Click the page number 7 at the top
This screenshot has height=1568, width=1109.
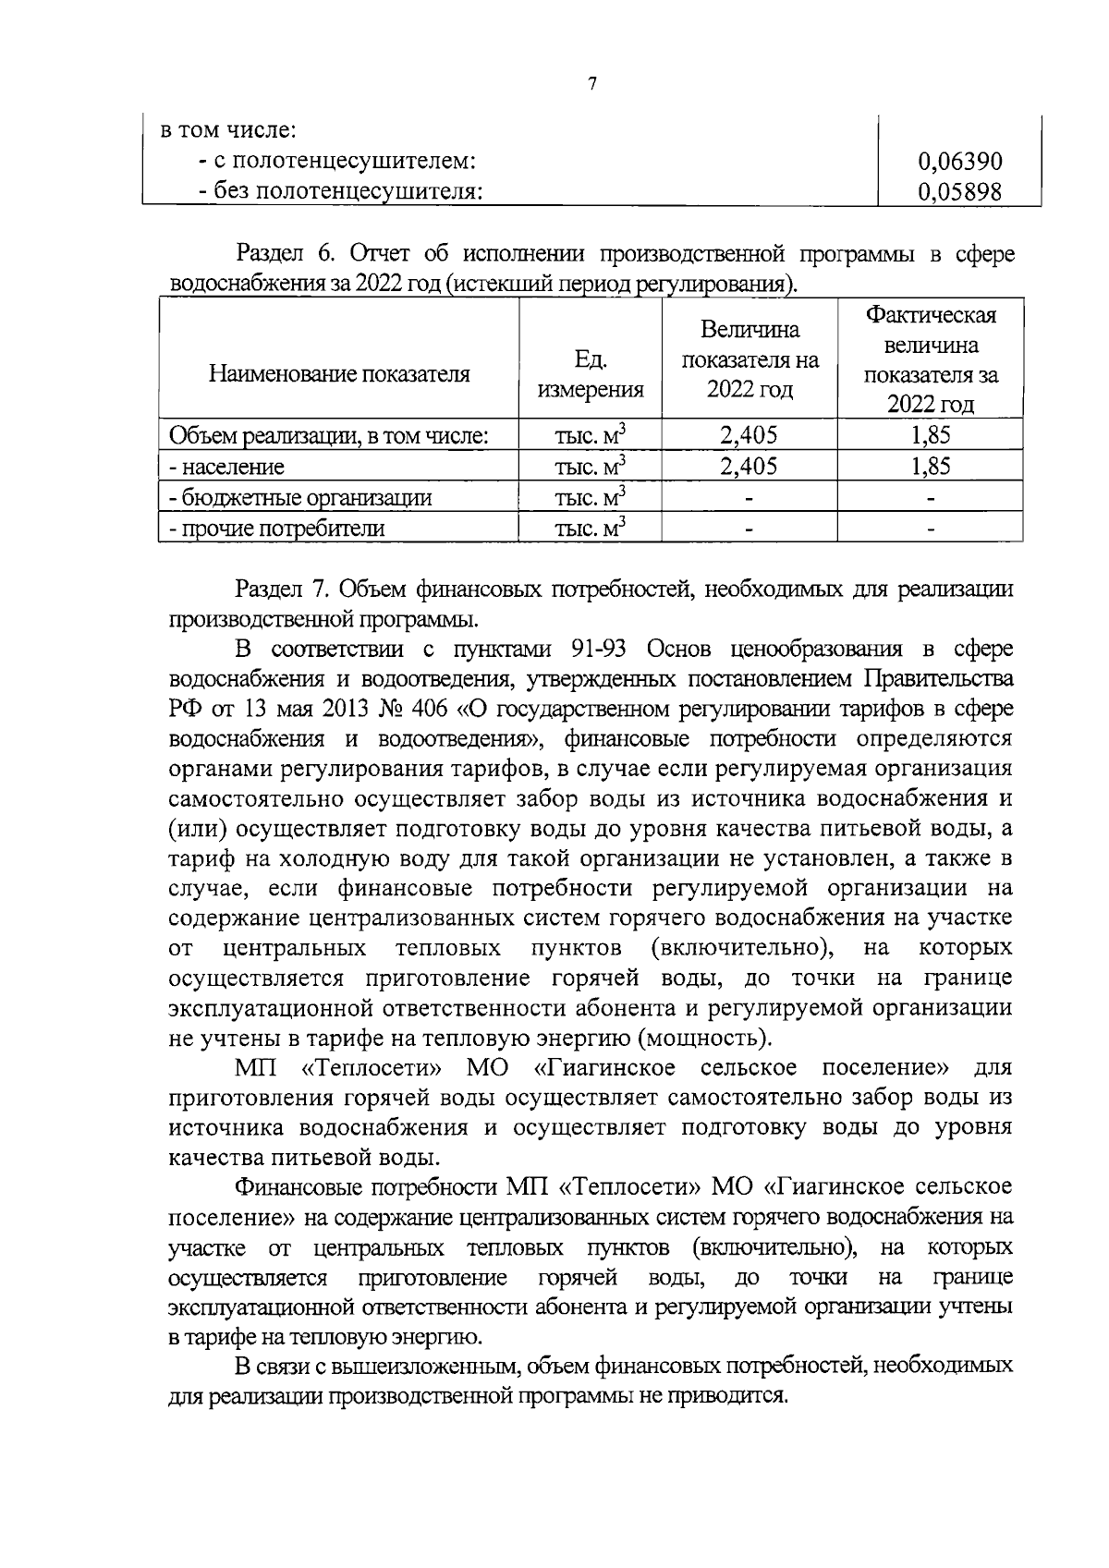coord(591,84)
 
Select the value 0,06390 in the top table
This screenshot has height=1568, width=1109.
coord(959,162)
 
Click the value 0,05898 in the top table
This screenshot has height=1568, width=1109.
coord(959,191)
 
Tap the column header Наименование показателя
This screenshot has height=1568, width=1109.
coord(339,374)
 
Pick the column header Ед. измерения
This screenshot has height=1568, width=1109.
coord(591,374)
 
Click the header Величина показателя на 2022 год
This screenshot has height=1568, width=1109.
coord(749,359)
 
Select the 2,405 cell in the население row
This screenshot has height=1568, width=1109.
coord(749,467)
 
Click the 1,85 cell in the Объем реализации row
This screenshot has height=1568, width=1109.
coord(931,435)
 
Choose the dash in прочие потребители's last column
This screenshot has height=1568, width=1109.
coord(931,529)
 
